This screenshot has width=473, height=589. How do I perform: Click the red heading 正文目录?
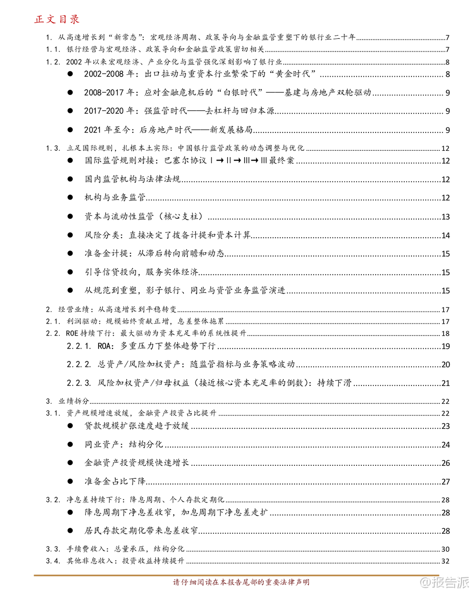coord(57,19)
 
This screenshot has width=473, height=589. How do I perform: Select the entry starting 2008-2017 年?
coord(228,93)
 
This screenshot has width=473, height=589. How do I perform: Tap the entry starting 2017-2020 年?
coord(179,111)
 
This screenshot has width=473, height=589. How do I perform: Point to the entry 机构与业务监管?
coord(115,198)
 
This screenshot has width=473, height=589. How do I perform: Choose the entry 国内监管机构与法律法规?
coord(133,179)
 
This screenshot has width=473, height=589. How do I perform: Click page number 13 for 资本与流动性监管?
coord(445,217)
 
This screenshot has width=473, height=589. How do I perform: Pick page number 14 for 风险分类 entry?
coord(445,236)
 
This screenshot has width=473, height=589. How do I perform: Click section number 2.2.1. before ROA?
coord(79,346)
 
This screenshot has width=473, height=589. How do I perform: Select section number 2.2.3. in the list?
coord(79,383)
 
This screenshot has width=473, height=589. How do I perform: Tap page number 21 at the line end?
coord(445,383)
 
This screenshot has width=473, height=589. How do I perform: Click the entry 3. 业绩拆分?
coord(67,401)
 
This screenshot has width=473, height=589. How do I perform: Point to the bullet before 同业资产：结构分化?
coord(70,444)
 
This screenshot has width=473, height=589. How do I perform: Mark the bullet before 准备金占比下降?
coord(70,481)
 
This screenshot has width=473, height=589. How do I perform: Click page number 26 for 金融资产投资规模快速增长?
coord(445,463)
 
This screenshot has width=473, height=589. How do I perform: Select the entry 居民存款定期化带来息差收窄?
coord(141,531)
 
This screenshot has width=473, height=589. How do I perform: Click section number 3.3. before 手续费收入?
coord(53,549)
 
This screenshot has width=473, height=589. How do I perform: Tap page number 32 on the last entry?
coord(445,561)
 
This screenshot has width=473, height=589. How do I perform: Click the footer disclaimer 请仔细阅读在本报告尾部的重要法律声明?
coord(241,582)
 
